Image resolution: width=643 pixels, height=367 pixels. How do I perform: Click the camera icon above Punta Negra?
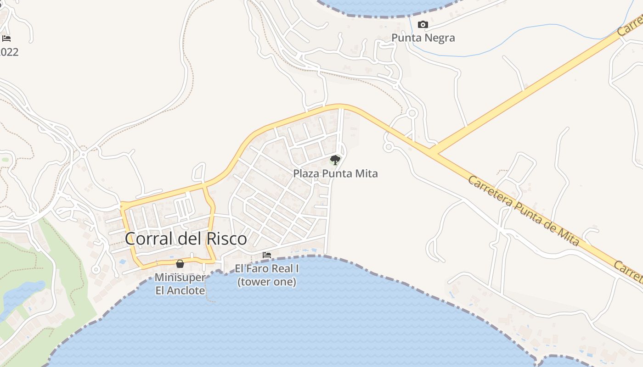(x=423, y=25)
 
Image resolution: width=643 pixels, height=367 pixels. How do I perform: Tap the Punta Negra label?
(x=423, y=38)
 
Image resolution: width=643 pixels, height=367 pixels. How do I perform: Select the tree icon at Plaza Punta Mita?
(x=335, y=160)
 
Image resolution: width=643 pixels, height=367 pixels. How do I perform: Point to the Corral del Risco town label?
(x=186, y=239)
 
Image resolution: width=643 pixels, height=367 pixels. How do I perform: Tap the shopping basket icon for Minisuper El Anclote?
(x=180, y=264)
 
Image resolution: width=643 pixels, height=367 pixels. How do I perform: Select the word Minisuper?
(x=180, y=278)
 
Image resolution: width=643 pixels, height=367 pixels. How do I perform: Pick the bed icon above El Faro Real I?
(x=267, y=255)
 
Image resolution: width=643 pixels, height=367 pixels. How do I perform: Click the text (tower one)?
(x=266, y=282)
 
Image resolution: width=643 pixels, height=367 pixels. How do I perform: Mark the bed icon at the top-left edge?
(x=6, y=39)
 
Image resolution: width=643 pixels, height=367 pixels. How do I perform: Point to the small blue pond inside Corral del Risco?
(x=122, y=262)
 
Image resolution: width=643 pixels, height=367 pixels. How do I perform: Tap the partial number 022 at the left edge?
(x=9, y=52)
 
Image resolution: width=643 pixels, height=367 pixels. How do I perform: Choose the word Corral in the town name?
(x=148, y=239)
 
